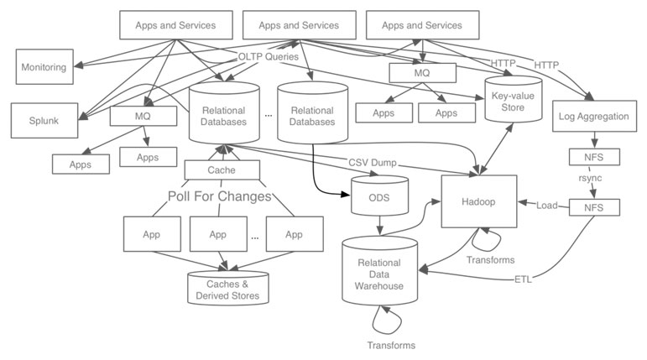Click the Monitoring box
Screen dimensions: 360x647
[43, 66]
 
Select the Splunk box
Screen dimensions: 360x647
[43, 120]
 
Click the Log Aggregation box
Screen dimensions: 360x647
[592, 117]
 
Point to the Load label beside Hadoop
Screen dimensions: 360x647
[547, 205]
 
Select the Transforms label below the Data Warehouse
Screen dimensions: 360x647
[391, 344]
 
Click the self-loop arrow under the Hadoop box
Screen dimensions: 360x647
[489, 237]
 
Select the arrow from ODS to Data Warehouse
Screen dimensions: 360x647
[382, 225]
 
